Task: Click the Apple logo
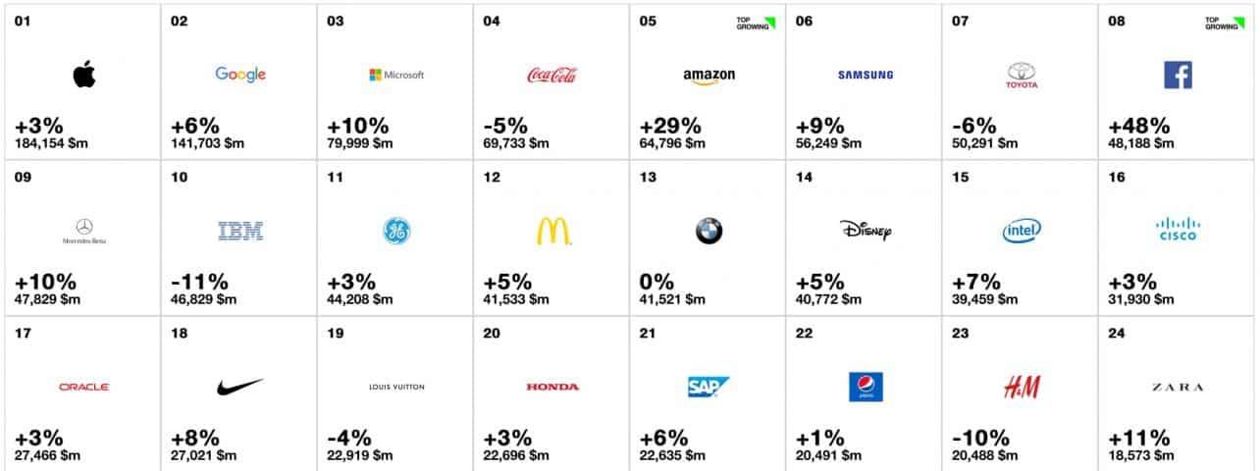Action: [84, 75]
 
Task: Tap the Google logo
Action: [240, 75]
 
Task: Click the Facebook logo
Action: [1178, 75]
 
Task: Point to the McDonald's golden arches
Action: [553, 232]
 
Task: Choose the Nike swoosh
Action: [239, 387]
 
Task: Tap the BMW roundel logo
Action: [709, 232]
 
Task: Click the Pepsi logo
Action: [865, 388]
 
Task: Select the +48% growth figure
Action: [1139, 126]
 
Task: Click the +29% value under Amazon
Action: [670, 126]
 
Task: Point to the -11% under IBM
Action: [199, 283]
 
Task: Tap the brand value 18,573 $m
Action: [1143, 455]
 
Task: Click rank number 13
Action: [648, 178]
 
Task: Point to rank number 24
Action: [1117, 334]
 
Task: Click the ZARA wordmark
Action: [1177, 388]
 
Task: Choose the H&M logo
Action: [1022, 388]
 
